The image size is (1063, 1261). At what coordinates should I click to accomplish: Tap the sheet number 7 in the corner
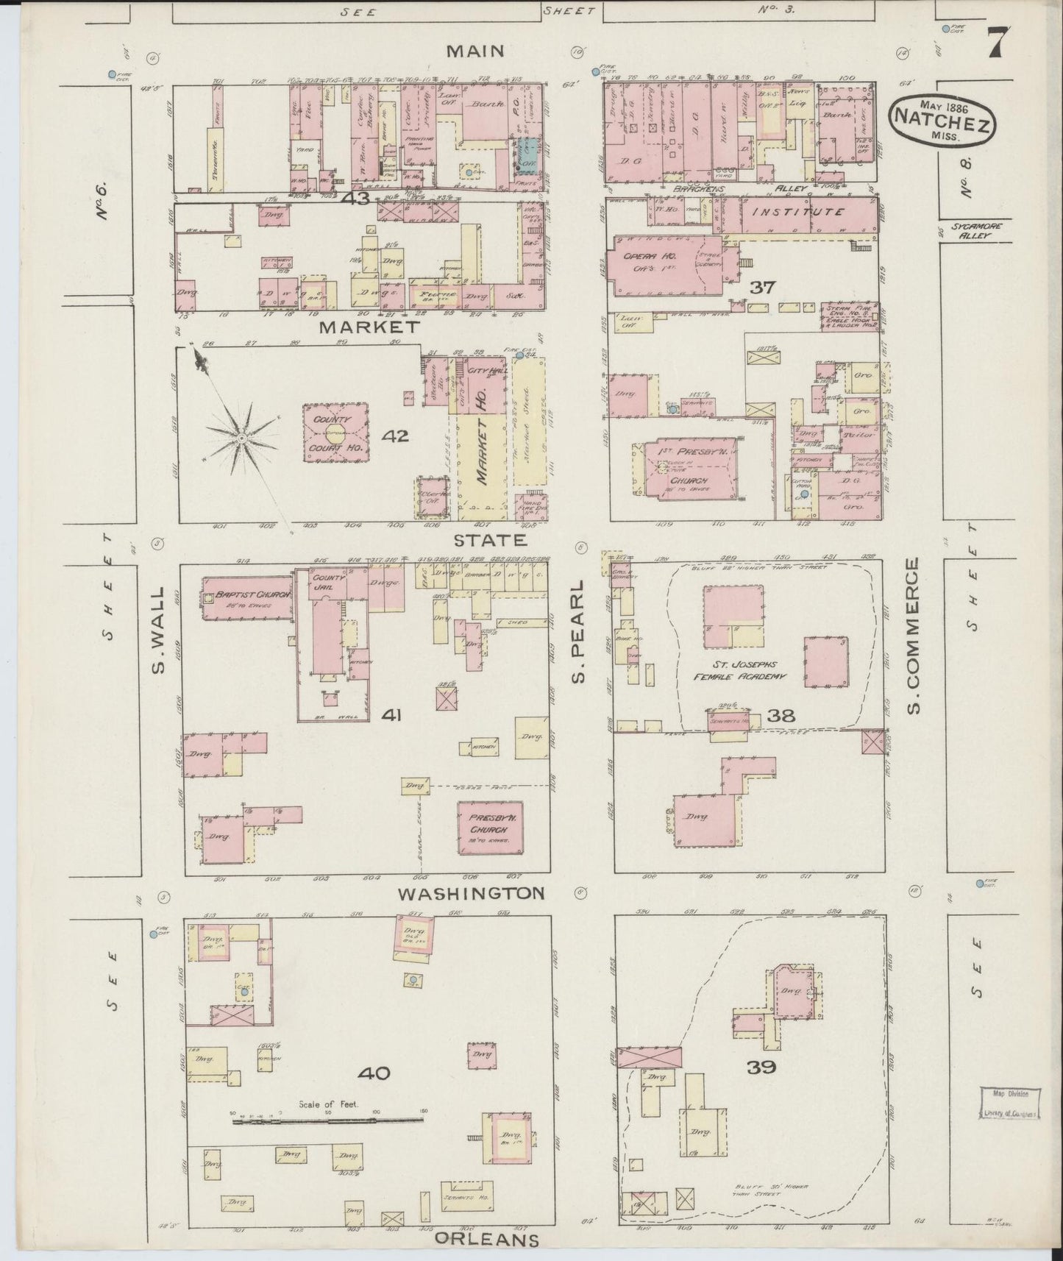pyautogui.click(x=997, y=43)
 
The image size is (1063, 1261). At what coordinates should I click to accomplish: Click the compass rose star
pyautogui.click(x=241, y=437)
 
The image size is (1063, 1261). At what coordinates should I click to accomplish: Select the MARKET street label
pyautogui.click(x=369, y=326)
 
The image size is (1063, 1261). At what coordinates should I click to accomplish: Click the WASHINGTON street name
pyautogui.click(x=472, y=893)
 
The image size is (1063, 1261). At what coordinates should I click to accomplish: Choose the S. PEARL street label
pyautogui.click(x=578, y=630)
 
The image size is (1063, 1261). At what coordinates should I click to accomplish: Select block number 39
pyautogui.click(x=761, y=1067)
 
